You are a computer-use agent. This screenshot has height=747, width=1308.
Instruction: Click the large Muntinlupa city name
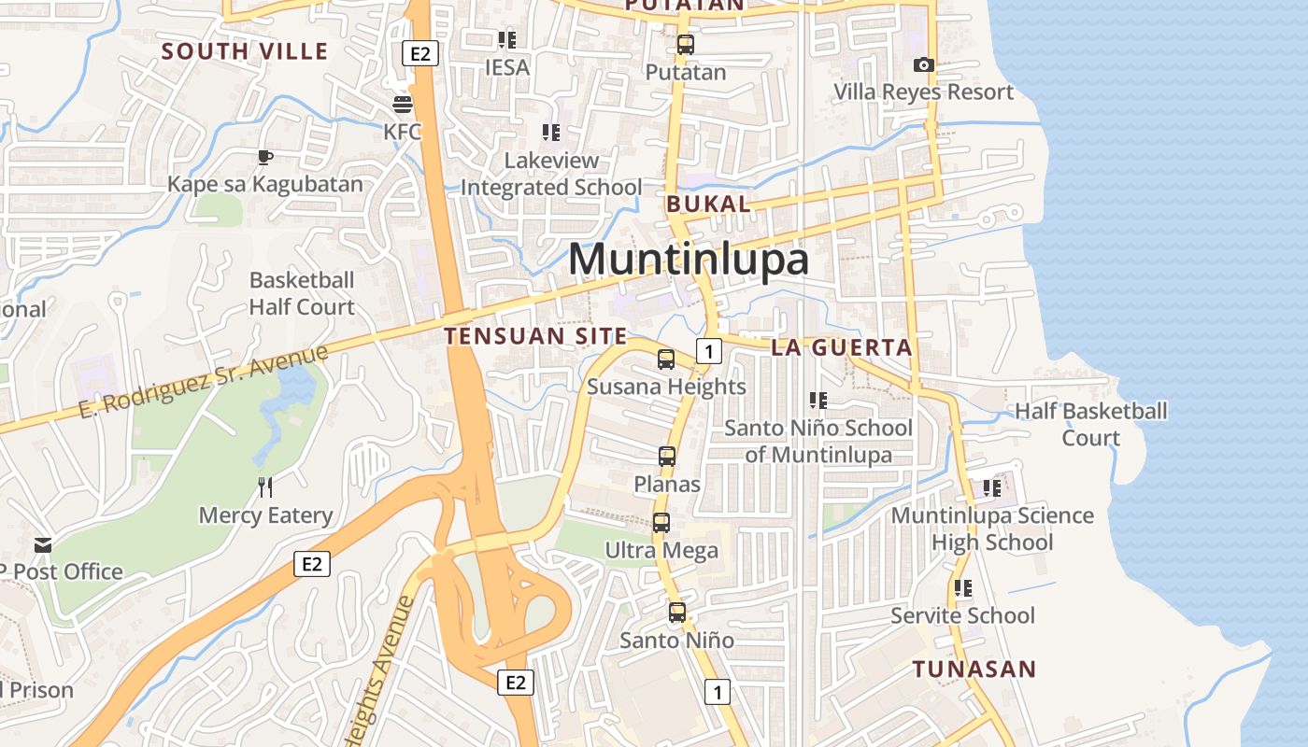689,259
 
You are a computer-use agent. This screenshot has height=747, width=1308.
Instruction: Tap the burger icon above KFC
403,103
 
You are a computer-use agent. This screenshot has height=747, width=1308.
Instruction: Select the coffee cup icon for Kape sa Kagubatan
265,156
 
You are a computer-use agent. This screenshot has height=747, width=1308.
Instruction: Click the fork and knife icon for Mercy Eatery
265,486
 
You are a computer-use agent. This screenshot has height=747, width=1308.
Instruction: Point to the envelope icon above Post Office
43,544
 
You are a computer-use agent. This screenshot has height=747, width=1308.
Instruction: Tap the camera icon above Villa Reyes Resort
923,64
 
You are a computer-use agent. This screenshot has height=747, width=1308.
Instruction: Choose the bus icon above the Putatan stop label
686,44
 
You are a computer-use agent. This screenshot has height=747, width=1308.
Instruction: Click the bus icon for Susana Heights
666,359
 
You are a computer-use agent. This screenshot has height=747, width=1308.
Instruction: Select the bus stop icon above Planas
667,457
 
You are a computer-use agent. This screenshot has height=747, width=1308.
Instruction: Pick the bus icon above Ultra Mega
661,523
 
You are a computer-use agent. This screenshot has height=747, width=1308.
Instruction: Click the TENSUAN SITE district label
535,336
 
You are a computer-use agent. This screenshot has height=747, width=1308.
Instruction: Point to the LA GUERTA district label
841,347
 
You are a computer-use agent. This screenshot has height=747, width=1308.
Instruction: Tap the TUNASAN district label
974,669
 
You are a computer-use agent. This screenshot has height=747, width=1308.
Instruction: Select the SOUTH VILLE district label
245,50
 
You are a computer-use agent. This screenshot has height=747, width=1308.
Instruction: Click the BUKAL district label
708,204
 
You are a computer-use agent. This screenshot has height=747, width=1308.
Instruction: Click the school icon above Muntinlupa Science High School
992,487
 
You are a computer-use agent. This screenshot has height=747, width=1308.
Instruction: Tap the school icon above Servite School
962,588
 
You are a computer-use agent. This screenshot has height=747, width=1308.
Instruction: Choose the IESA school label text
507,67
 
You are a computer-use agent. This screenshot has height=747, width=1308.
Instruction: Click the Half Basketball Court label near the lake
1091,424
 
